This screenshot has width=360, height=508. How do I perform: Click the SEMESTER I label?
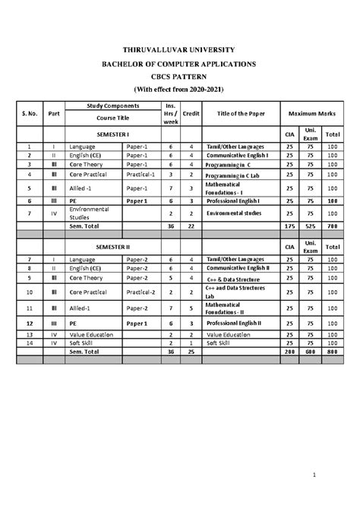point(112,133)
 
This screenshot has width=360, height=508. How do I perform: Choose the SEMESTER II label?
point(112,247)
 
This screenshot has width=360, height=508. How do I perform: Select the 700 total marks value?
point(332,226)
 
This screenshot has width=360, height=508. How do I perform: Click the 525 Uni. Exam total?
point(311,226)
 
